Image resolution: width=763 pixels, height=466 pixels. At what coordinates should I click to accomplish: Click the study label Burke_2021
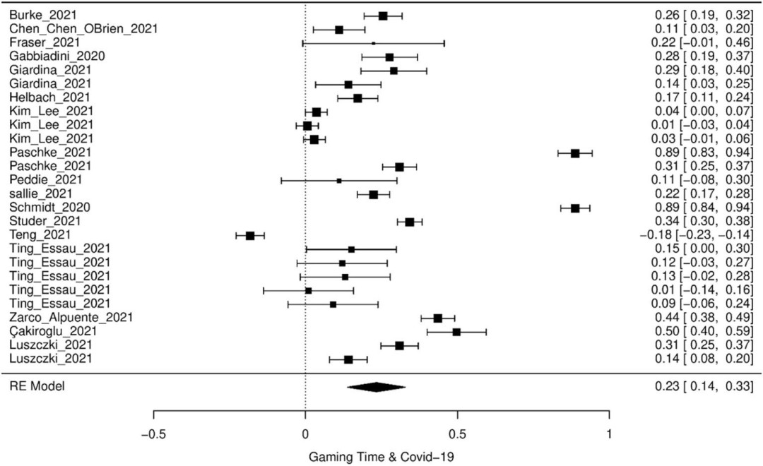(x=34, y=15)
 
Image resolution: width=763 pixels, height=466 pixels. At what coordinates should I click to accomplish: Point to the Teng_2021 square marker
(x=250, y=235)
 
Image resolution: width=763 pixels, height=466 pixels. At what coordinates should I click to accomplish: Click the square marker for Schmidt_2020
(x=575, y=208)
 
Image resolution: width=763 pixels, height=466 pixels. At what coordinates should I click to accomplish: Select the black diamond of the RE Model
(x=376, y=386)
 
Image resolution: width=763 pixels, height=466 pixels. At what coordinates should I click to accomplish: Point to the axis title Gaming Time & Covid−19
(x=382, y=456)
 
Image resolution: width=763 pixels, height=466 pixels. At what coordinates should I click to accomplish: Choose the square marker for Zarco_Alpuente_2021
(x=438, y=318)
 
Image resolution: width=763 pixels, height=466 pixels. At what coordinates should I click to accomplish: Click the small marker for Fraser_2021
(x=373, y=42)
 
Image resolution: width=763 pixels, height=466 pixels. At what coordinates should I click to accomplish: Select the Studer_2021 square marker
(x=410, y=222)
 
